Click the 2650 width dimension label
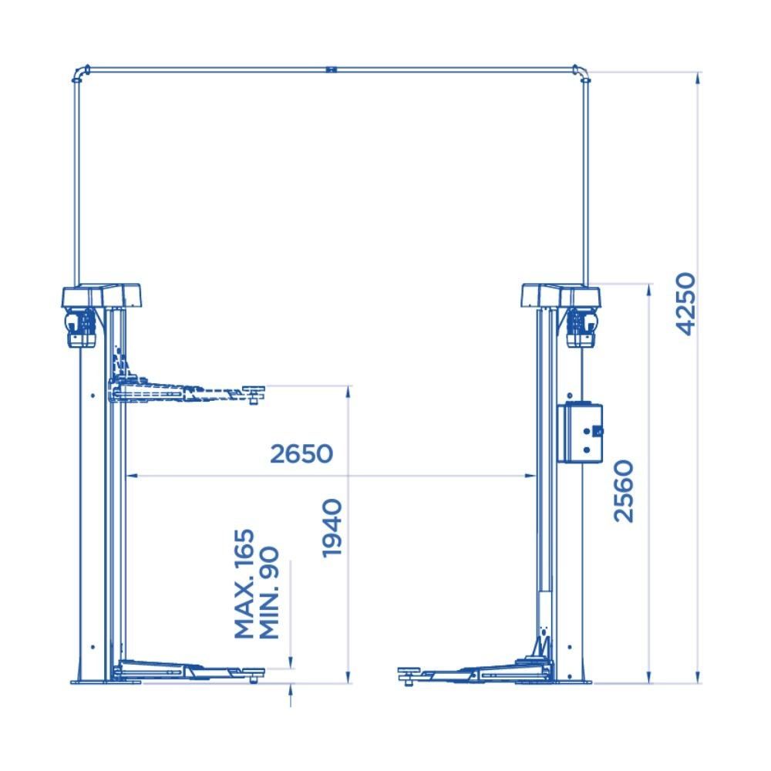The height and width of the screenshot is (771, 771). (x=301, y=454)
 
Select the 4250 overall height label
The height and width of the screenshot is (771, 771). (x=686, y=304)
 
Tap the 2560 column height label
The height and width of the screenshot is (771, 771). (x=624, y=490)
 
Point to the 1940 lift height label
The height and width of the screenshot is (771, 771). (x=332, y=528)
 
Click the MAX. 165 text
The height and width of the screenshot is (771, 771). (x=244, y=584)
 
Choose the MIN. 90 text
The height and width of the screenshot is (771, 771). (x=269, y=593)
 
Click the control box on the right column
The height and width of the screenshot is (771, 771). (x=581, y=433)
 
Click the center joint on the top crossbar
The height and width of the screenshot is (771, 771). (x=331, y=70)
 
